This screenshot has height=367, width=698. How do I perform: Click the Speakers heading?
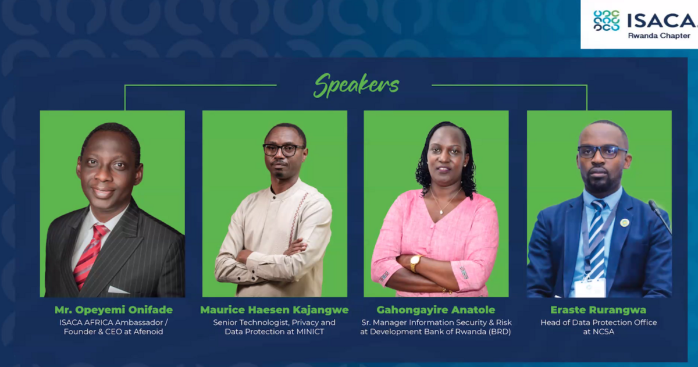tap(356, 85)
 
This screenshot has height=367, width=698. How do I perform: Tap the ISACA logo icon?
tap(606, 20)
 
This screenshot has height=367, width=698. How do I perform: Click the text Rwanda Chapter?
tap(658, 35)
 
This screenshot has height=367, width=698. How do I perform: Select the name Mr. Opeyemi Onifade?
tap(113, 310)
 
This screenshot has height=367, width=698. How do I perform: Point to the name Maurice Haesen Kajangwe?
tap(275, 310)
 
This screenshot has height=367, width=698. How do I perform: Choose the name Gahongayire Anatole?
tap(435, 310)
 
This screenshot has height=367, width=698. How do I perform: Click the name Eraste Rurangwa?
tap(599, 310)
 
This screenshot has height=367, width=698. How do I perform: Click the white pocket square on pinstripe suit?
tap(118, 290)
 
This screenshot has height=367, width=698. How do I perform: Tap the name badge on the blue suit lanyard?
tap(590, 287)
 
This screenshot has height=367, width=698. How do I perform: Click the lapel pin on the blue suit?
tap(624, 223)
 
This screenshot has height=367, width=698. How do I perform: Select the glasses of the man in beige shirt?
tap(283, 149)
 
